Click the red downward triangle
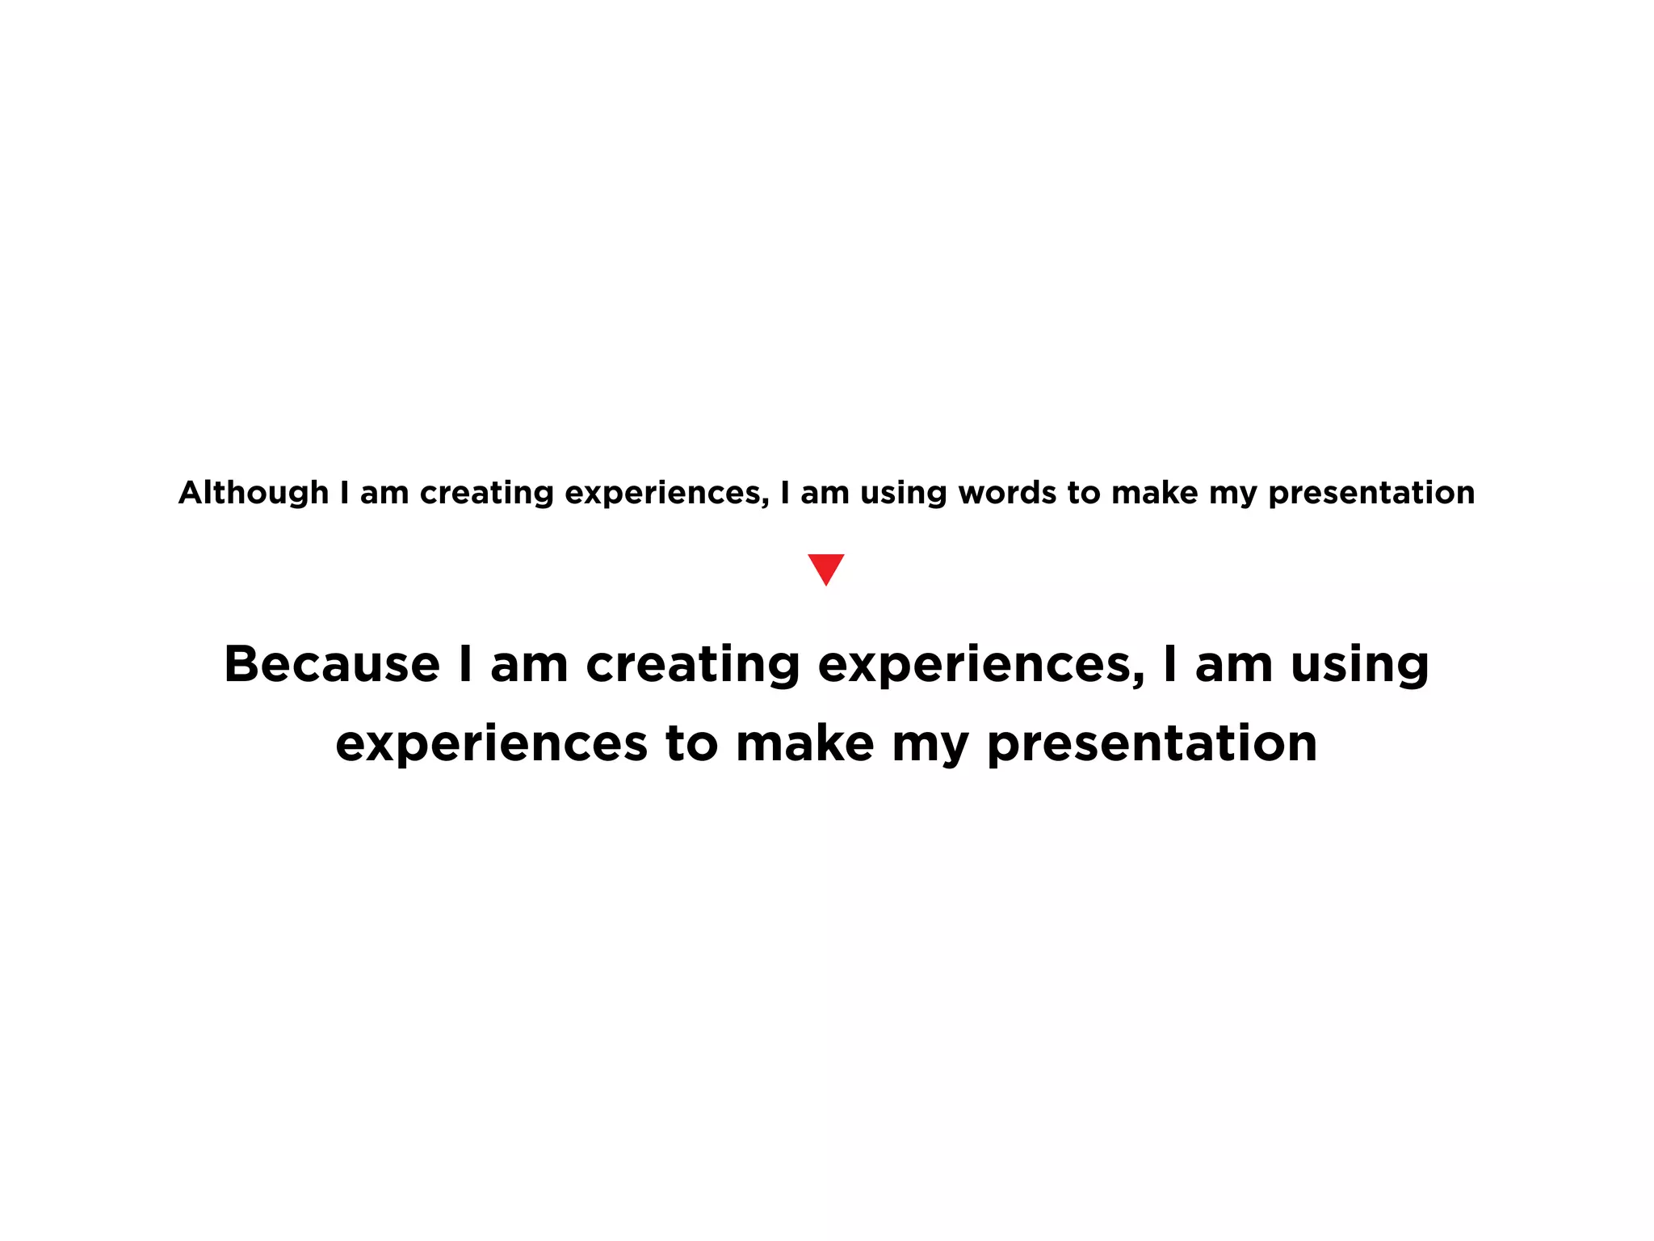pyautogui.click(x=825, y=567)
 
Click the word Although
pyautogui.click(x=254, y=493)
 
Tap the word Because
pyautogui.click(x=332, y=664)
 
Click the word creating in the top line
pyautogui.click(x=486, y=493)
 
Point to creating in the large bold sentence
pyautogui.click(x=692, y=664)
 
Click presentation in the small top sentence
pyautogui.click(x=1371, y=493)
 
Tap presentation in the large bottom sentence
pyautogui.click(x=1152, y=743)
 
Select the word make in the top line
pyautogui.click(x=1154, y=493)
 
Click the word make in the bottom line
pyautogui.click(x=804, y=743)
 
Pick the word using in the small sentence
pyautogui.click(x=903, y=493)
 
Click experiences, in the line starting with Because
pyautogui.click(x=980, y=664)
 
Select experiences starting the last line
pyautogui.click(x=491, y=743)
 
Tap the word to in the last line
pyautogui.click(x=691, y=743)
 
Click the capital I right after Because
pyautogui.click(x=464, y=664)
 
